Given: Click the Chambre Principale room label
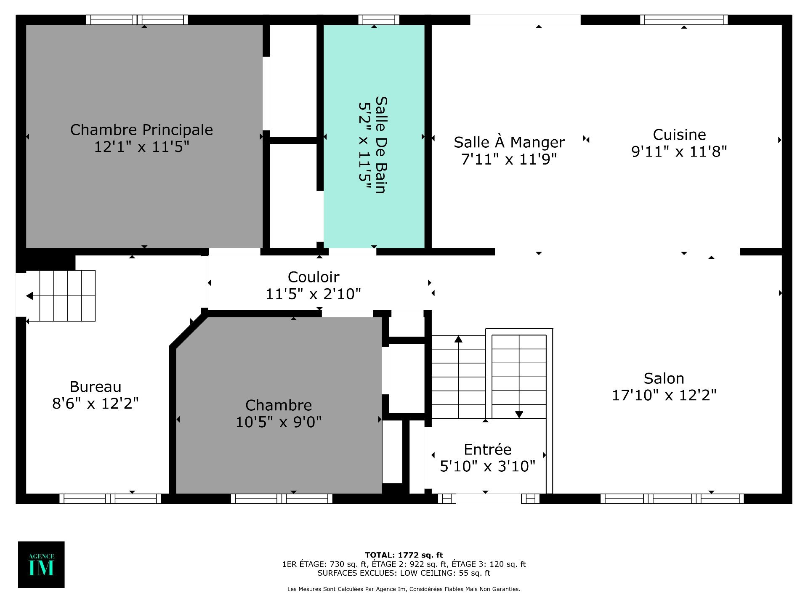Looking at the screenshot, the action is coord(141,130).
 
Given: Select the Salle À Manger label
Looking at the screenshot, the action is coord(509,142).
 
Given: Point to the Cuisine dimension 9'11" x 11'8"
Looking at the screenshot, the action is coord(679,151).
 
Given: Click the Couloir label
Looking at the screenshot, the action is coord(314,277).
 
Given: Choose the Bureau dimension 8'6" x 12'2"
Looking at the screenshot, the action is coord(95,404).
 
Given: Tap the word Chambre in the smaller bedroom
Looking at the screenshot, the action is coord(279,405).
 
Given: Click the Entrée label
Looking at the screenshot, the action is coord(487,449).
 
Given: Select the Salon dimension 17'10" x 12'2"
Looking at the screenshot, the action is coord(664,395).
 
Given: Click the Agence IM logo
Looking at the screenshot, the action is coord(41,564).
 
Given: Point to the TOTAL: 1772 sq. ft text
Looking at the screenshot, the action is coord(404,555).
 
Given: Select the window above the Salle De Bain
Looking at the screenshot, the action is coord(379,20).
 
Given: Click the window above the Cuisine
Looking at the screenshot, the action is coord(684,20).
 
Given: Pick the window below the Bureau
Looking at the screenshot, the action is coord(110,499).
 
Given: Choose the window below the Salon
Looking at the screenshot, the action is coord(672,499).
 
